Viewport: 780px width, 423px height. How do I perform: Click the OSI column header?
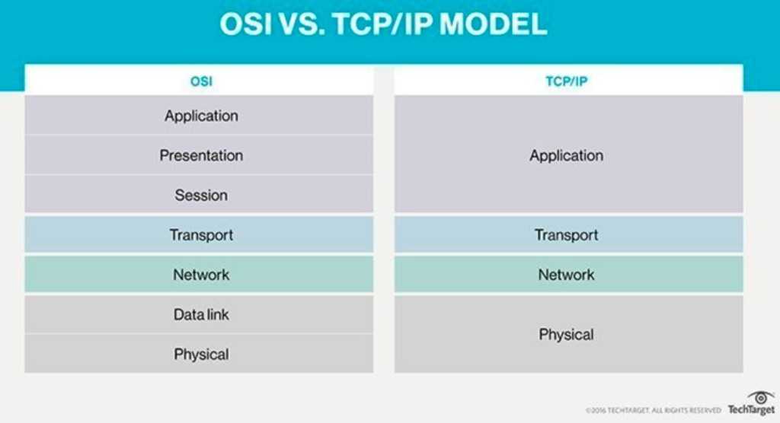tap(201, 81)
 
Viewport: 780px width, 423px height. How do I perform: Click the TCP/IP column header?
tap(567, 81)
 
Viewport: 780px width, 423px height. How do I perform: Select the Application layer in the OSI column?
tap(201, 116)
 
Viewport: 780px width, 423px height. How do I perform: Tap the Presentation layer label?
tap(201, 155)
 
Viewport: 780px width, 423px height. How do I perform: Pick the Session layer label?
tap(201, 196)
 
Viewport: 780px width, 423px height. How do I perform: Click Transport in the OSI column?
tap(201, 235)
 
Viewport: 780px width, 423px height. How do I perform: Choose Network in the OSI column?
tap(201, 275)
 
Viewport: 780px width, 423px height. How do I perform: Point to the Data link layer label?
tap(201, 315)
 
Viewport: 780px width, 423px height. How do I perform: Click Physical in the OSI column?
tap(201, 355)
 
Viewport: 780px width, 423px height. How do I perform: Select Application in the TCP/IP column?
tap(567, 156)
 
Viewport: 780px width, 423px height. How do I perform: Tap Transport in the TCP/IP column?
tap(567, 235)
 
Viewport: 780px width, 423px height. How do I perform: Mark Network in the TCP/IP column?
tap(567, 275)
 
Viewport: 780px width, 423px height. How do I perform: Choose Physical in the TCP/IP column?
tap(567, 335)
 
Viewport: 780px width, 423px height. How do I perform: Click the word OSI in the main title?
tap(246, 24)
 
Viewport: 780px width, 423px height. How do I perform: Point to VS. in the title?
tap(302, 24)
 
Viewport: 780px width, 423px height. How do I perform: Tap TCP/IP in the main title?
tap(382, 24)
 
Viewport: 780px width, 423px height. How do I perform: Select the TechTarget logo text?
tap(751, 410)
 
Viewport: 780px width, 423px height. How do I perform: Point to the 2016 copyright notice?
tap(653, 411)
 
